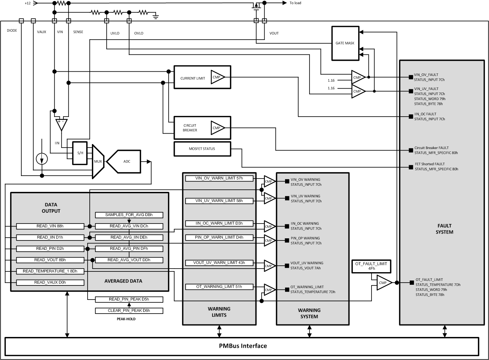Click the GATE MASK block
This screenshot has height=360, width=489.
(345, 43)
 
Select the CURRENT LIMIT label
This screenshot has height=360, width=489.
(192, 78)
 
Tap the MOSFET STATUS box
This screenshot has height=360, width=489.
(202, 149)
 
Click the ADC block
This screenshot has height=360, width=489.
(127, 162)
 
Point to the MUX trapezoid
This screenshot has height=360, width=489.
(98, 162)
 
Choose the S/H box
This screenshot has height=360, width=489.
(80, 153)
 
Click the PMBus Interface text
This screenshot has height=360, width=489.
(243, 346)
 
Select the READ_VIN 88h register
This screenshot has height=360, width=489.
(50, 226)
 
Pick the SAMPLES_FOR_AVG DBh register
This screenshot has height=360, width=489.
(129, 215)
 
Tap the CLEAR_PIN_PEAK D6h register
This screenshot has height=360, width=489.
(129, 310)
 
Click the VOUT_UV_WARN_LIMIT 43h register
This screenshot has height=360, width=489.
(219, 263)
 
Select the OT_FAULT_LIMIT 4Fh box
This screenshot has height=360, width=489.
(371, 266)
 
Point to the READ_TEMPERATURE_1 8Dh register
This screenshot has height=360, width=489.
(50, 271)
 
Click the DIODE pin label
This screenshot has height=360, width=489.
(12, 31)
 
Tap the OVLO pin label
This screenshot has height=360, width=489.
(139, 33)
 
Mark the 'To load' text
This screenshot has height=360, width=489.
(295, 3)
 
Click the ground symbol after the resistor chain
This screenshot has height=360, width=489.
(156, 15)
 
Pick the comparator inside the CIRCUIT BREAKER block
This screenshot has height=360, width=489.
(217, 128)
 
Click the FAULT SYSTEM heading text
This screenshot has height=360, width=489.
(444, 229)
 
